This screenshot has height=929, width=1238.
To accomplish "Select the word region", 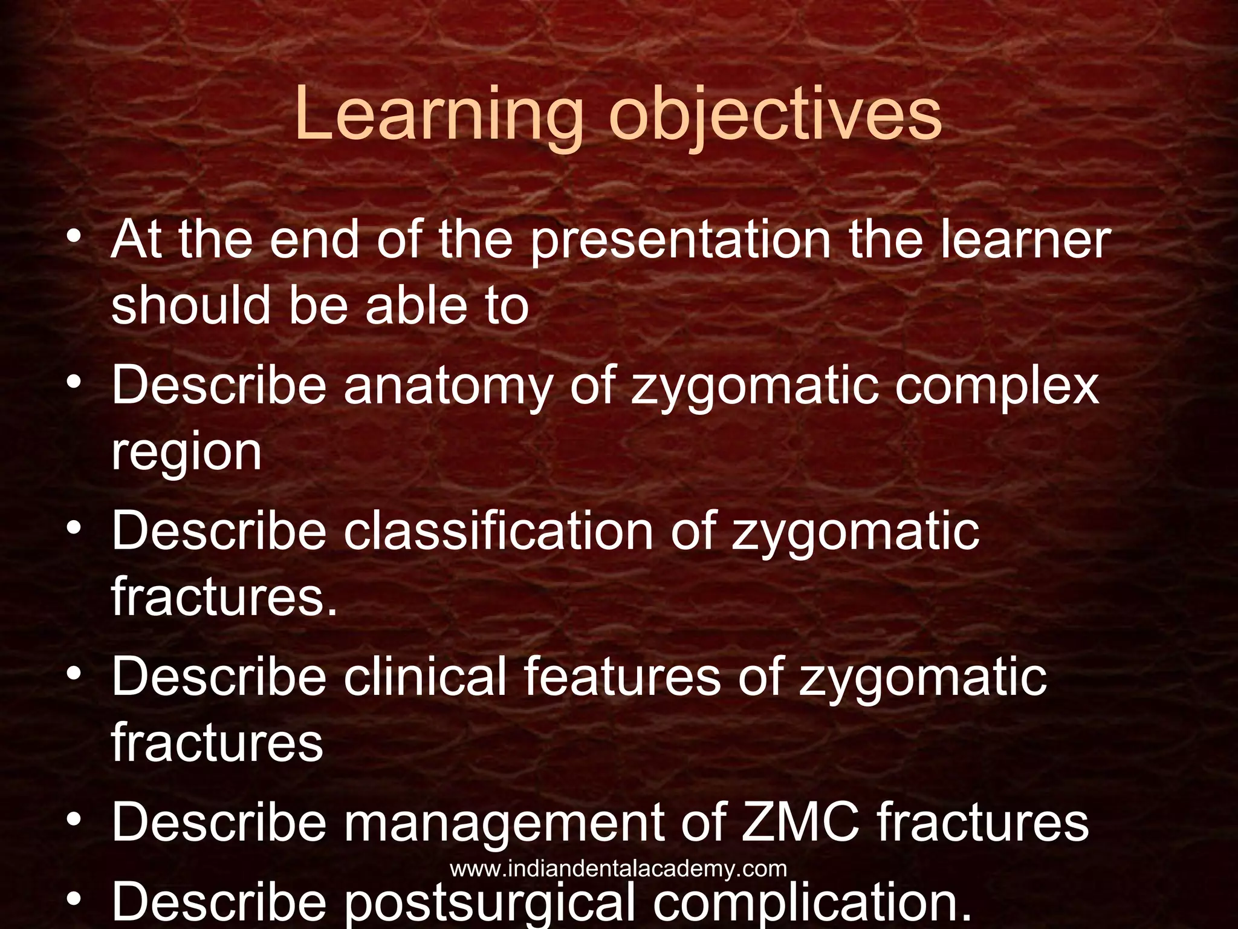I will point(186,452).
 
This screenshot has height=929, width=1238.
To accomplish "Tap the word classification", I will point(499,531).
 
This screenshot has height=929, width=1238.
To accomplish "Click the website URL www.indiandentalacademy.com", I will point(618,869).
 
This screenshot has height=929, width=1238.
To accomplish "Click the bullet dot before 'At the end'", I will point(74,236).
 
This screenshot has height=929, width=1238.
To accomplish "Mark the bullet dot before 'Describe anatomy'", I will point(74,382).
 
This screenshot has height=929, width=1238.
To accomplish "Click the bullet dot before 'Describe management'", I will point(74,820).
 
